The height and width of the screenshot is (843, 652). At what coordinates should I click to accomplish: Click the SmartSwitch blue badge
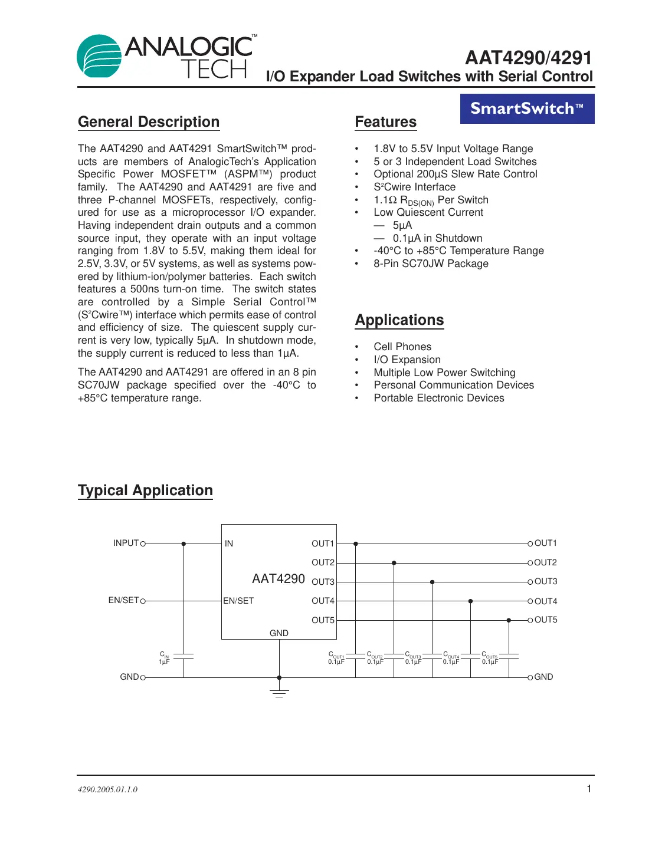coord(527,109)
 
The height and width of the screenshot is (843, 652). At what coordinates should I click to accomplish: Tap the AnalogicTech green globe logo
coord(99,57)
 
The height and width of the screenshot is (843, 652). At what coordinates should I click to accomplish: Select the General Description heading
coord(149,122)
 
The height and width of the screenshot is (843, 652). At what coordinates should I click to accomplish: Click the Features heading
coord(386,122)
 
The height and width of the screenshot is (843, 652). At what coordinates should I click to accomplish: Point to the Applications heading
coord(399,320)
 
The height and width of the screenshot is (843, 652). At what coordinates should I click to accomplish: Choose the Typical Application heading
coord(145,490)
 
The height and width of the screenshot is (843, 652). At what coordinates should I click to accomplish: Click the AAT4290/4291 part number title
coord(528,58)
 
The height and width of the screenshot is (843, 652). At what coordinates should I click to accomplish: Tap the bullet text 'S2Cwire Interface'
coord(414,187)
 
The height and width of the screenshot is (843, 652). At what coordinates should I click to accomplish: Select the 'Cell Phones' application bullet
coord(402,347)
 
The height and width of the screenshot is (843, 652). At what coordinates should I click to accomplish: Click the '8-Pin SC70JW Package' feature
coord(431,264)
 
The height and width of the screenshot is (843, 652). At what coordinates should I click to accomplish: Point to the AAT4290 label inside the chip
coord(279,579)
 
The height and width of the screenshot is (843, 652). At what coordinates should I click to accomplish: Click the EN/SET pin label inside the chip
coord(238,601)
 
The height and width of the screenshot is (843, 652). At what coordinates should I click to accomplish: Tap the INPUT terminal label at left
coord(126,543)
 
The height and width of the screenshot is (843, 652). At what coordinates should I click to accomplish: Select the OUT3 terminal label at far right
coord(546,581)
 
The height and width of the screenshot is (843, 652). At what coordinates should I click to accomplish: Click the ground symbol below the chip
coord(279,692)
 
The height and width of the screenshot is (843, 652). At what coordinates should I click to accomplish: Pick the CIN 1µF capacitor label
coord(165,658)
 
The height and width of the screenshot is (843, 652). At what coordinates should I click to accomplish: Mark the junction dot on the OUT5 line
coord(509,620)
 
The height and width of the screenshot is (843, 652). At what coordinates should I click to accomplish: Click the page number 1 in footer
coord(589,789)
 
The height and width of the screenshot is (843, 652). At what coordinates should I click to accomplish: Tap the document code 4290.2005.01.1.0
coord(107,789)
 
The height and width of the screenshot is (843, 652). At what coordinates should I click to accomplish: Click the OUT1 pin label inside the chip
coord(323,544)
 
